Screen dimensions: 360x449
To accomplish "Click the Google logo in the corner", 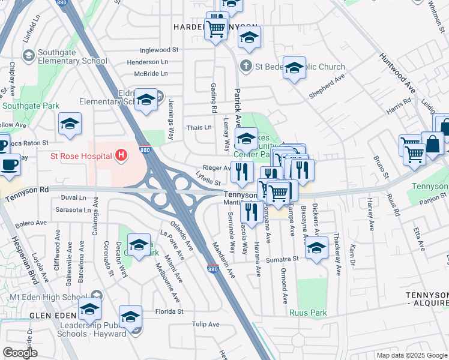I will (20, 352).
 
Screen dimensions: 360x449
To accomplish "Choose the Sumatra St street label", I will (283, 259).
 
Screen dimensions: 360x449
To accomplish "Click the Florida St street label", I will (169, 311).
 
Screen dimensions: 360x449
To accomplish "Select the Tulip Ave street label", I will (206, 325).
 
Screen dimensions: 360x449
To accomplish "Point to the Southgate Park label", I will (31, 106).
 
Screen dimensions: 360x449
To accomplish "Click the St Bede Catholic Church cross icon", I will (245, 66).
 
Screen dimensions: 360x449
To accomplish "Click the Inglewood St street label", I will (159, 50).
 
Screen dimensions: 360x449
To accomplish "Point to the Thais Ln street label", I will (199, 127).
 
